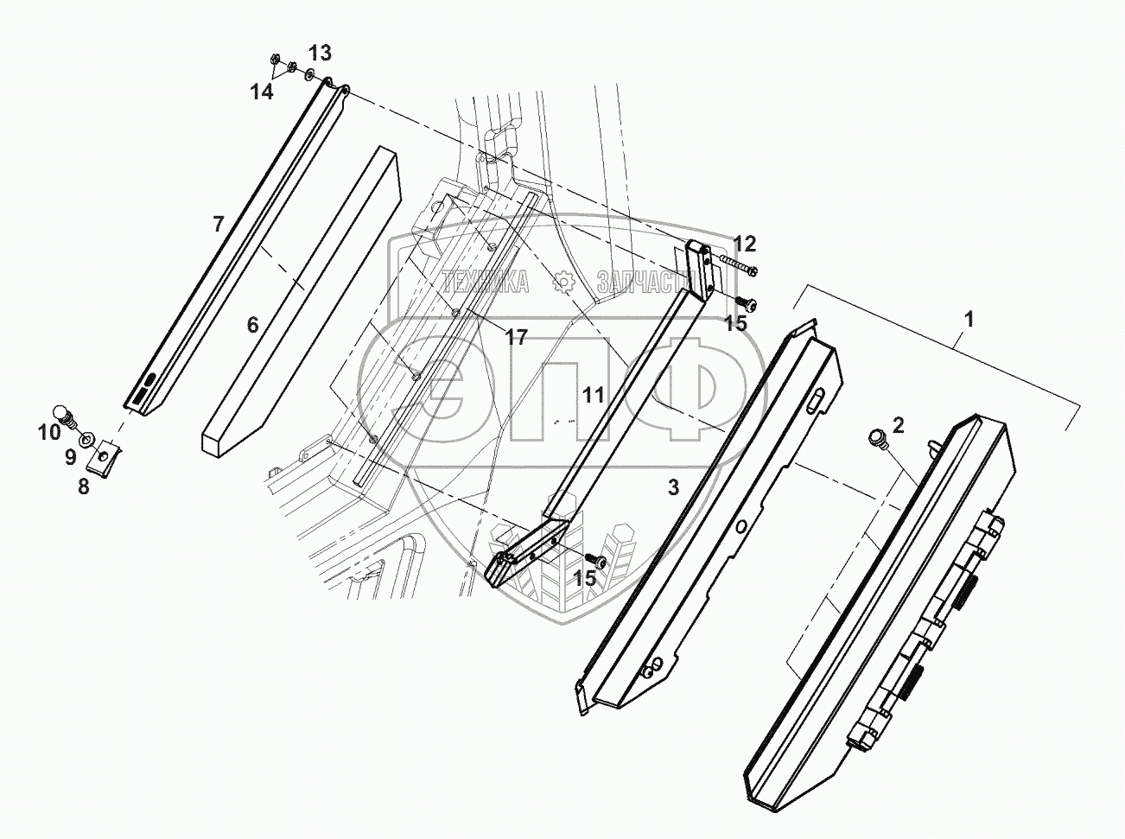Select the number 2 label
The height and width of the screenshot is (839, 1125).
(899, 424)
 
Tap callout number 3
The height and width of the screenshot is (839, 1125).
(672, 487)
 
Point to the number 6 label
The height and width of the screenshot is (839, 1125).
(252, 325)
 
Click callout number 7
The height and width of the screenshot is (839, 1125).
(219, 225)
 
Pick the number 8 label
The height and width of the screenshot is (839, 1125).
(83, 486)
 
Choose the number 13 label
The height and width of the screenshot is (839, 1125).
(319, 54)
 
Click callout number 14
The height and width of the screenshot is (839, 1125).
(262, 92)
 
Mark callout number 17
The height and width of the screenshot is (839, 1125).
(516, 338)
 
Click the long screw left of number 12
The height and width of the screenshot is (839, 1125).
(735, 264)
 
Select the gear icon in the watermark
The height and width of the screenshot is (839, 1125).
(562, 281)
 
